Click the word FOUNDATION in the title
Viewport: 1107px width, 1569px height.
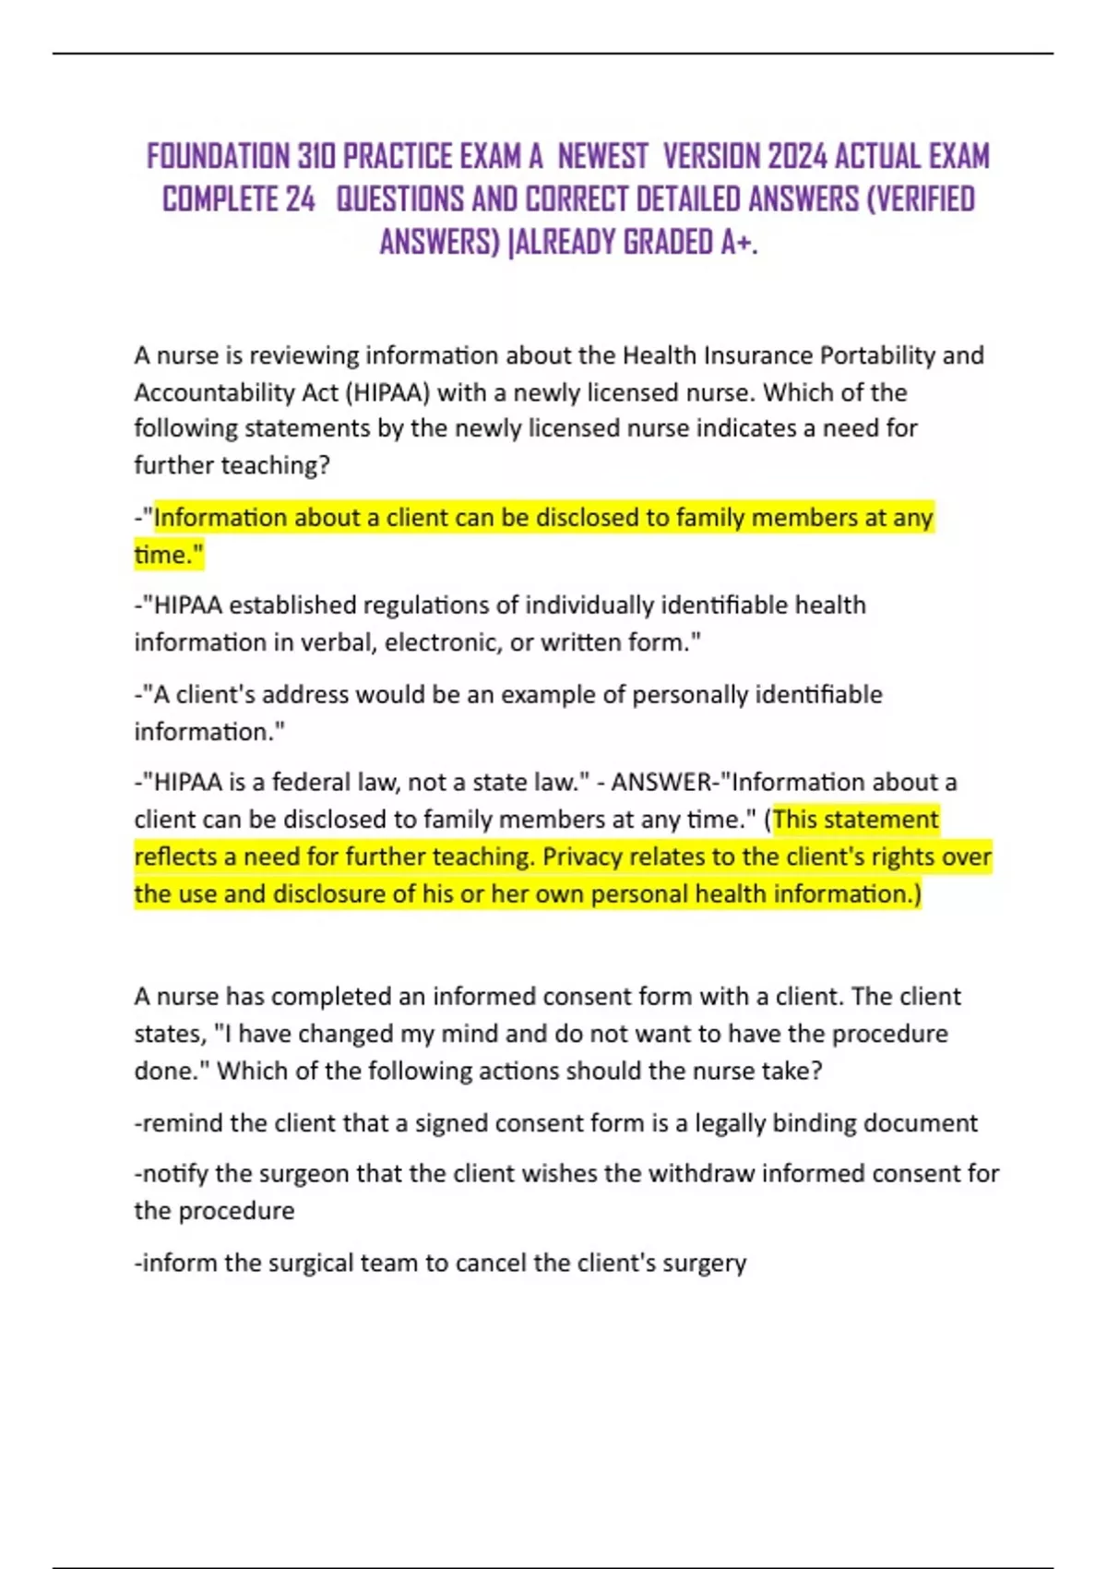click(218, 157)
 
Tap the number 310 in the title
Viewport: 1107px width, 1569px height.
click(316, 157)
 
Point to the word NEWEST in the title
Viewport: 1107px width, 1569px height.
click(602, 157)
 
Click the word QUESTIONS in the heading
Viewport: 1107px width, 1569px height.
click(400, 199)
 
